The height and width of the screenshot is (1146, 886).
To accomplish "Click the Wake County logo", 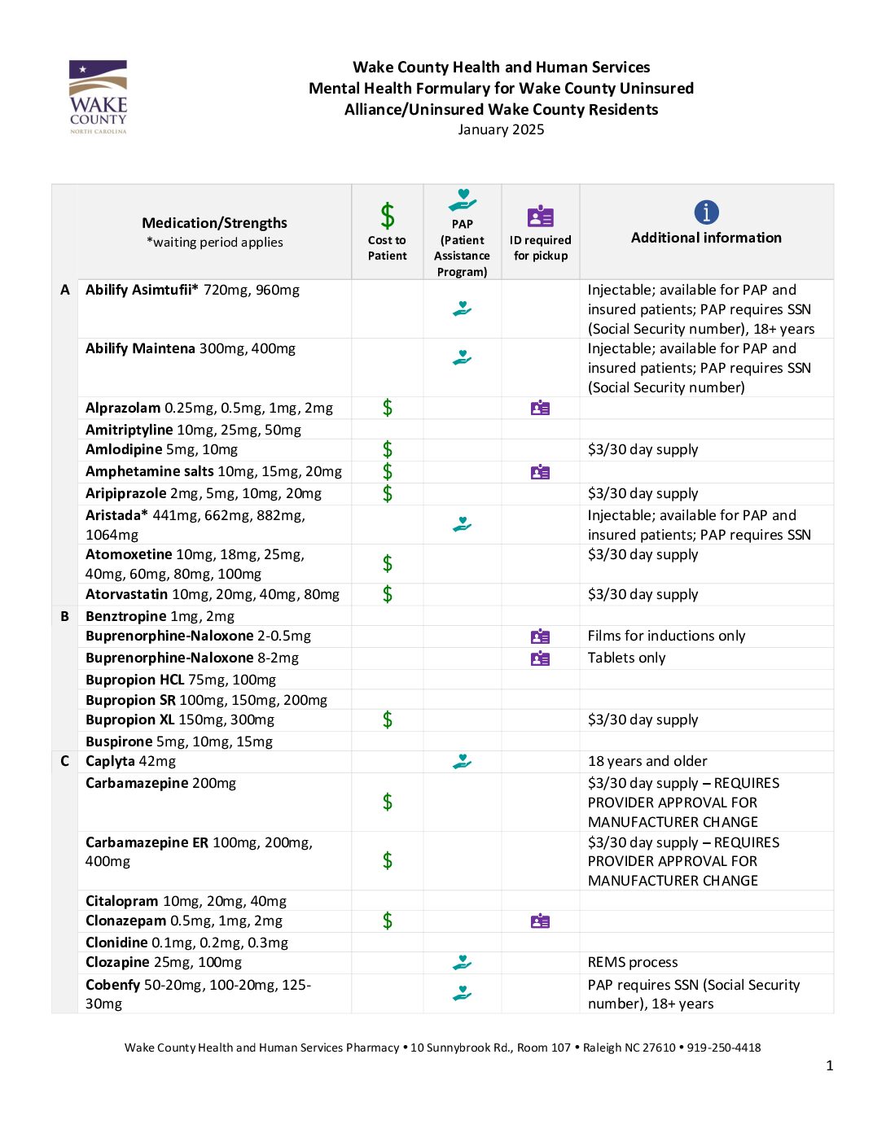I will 98,97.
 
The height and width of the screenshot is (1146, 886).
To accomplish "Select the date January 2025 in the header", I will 501,129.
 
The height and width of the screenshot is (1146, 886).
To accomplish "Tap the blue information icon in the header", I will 706,212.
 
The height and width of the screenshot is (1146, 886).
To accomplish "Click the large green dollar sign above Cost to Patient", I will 388,216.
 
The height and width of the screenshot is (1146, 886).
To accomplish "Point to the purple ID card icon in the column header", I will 540,217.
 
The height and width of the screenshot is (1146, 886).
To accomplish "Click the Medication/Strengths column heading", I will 214,223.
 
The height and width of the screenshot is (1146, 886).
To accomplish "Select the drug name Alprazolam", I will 123,408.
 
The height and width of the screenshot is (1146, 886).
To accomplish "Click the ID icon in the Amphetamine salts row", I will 540,472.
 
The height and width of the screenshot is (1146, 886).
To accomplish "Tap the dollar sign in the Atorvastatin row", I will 388,594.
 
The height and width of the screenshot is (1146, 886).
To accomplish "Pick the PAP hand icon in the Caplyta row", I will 462,761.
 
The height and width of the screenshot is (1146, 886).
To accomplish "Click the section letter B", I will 65,616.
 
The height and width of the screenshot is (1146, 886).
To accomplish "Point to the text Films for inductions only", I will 666,636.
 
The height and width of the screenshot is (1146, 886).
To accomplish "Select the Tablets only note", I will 626,658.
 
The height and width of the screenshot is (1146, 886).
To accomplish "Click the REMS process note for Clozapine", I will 633,962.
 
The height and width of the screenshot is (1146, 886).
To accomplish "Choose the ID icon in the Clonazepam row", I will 540,921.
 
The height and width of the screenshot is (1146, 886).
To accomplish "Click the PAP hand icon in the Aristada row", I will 462,525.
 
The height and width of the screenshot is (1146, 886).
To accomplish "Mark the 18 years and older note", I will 647,761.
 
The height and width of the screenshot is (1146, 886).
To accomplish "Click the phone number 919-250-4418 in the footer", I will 724,1048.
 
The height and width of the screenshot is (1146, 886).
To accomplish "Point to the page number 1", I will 829,1065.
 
